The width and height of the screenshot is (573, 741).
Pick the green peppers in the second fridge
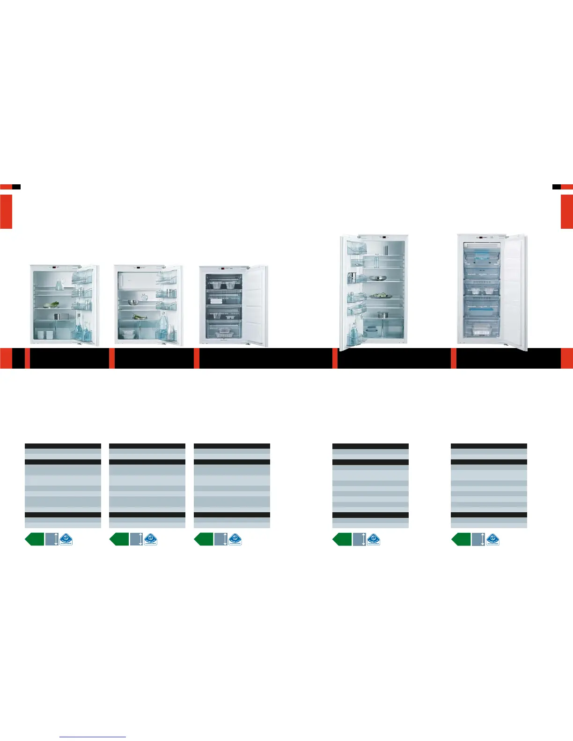[139, 317]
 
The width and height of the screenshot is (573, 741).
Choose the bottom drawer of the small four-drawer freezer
[223, 331]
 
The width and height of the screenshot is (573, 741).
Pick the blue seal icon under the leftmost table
[66, 539]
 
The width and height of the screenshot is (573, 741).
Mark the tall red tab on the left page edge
[6, 211]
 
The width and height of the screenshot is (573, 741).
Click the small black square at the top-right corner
[556, 187]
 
